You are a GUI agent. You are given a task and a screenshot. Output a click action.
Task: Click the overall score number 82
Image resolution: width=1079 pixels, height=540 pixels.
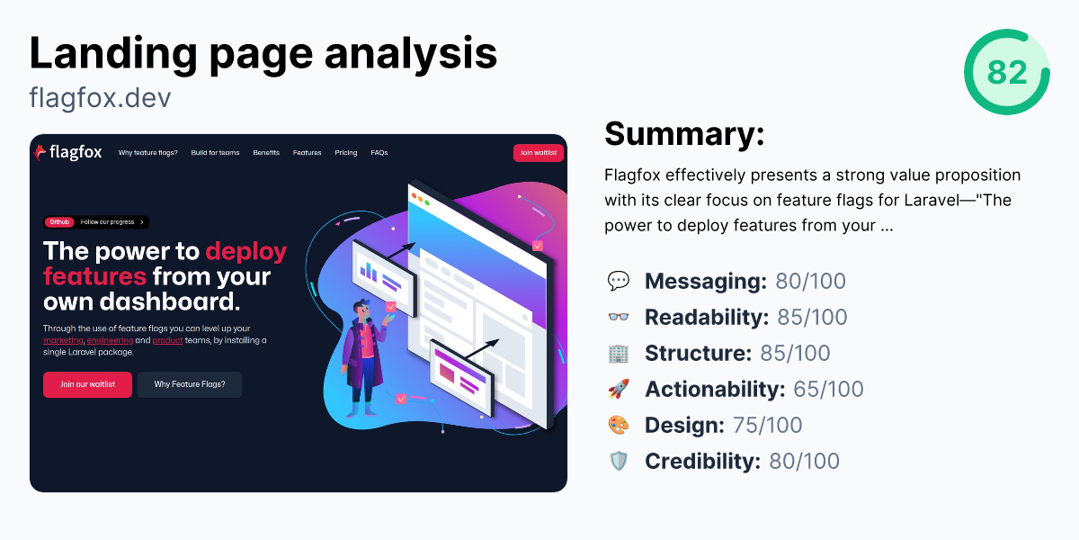pos(1006,71)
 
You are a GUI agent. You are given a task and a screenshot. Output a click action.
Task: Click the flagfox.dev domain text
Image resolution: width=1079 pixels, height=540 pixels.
pos(100,97)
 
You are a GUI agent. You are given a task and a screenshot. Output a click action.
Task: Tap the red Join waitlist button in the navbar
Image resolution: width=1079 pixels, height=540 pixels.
pos(539,153)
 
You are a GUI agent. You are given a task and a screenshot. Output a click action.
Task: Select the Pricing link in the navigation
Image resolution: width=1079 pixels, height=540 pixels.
pos(345,153)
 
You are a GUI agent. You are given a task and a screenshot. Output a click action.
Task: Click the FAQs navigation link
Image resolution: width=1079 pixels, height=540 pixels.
pos(379,153)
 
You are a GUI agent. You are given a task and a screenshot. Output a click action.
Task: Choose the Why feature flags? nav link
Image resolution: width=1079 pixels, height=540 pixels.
pos(147,153)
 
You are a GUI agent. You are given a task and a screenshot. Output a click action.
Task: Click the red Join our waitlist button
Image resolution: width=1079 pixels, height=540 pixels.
pos(87,384)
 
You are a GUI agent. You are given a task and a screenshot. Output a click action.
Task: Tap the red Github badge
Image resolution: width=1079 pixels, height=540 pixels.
pos(59,222)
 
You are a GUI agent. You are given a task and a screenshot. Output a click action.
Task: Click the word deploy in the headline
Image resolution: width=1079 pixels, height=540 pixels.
pos(245,251)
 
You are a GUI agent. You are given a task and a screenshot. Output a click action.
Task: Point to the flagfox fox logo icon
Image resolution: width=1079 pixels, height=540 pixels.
pos(40,153)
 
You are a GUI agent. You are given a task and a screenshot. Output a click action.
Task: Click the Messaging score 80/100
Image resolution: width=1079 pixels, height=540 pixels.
pos(810,281)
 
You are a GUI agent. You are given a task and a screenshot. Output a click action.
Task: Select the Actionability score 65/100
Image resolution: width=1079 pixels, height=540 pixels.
pos(827,389)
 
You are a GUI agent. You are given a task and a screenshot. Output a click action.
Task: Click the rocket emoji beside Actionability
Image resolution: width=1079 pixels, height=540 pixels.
pos(619,389)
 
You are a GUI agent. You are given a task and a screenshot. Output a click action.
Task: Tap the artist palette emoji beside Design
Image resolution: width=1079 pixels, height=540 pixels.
pos(619,425)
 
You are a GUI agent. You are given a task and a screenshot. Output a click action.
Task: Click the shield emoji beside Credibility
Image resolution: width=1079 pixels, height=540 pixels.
pos(619,461)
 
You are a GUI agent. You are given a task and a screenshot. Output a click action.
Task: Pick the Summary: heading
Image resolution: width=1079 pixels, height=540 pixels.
pos(684,133)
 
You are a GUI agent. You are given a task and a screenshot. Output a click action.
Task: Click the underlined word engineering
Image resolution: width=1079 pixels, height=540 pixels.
pos(110,341)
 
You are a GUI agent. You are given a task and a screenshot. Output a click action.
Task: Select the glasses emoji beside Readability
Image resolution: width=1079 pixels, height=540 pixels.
pos(619,317)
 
